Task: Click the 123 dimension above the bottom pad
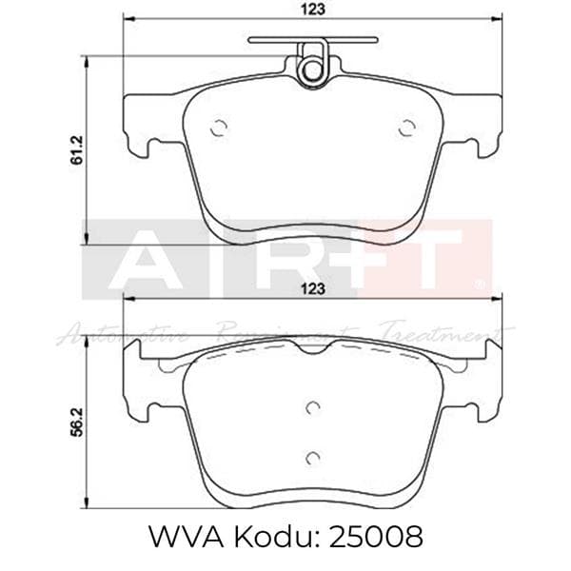(316, 286)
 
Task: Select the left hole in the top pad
(218, 128)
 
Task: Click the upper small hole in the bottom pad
(311, 407)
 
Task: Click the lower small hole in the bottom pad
(311, 459)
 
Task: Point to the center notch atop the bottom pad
(311, 349)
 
